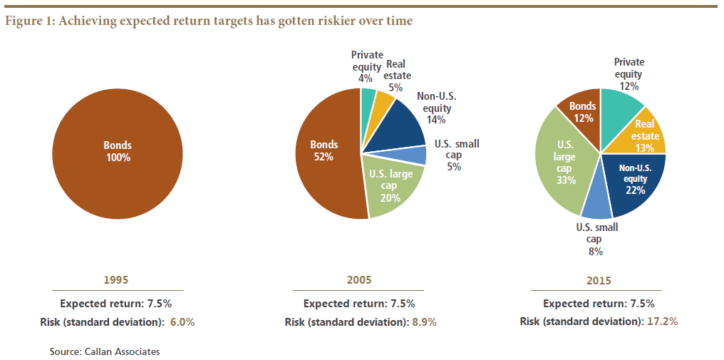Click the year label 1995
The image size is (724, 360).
(x=118, y=279)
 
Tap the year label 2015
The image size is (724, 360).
(x=599, y=280)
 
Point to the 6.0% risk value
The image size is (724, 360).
(x=182, y=322)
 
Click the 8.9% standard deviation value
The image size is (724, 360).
(x=425, y=322)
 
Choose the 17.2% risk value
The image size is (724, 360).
(x=662, y=322)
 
